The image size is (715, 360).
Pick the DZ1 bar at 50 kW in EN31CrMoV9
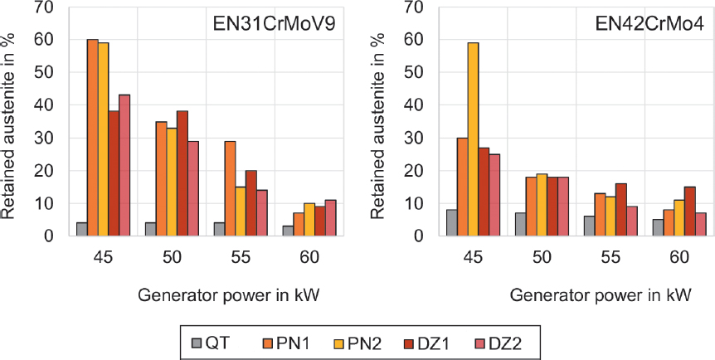(x=182, y=173)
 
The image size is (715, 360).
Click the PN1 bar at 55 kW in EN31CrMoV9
(x=230, y=188)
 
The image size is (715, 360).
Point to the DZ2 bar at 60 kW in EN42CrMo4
(x=701, y=224)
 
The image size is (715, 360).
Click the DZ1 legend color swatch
(x=407, y=341)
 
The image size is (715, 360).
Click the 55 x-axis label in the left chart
(x=241, y=258)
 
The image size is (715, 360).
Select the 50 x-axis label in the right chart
(x=542, y=258)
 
